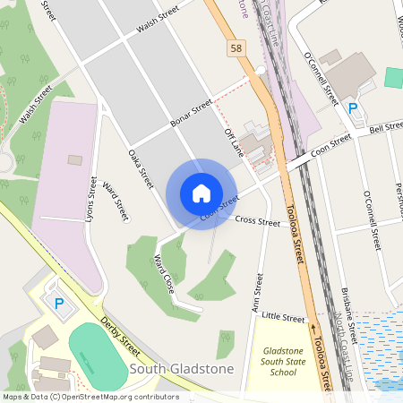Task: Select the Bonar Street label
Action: pos(190,114)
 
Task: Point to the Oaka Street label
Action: pos(141,167)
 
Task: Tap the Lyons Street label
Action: pos(90,198)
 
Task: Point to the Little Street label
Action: pos(283,318)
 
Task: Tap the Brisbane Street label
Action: pos(349,316)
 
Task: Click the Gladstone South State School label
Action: pos(282,362)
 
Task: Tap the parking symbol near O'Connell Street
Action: pos(354,109)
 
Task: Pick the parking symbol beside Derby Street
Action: pos(60,304)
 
